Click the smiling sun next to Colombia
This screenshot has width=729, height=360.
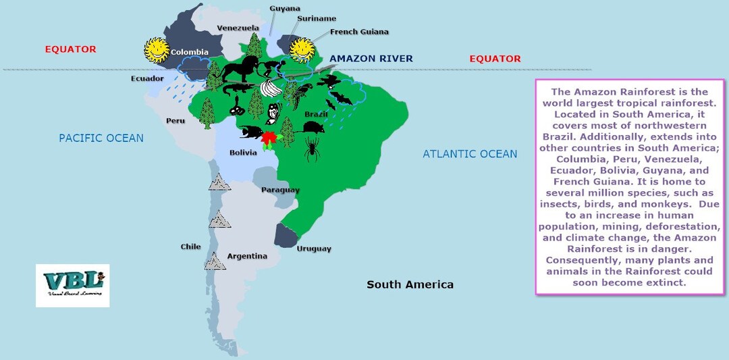pos(156,49)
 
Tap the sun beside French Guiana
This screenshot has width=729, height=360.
pos(302,49)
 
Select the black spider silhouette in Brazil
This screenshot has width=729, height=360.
pos(313,149)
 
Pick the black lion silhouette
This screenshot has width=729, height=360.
pos(238,70)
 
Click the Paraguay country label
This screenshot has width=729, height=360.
pos(280,190)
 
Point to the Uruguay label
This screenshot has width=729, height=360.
pos(314,249)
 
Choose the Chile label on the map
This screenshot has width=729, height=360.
pos(190,247)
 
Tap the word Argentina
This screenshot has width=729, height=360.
pos(247,256)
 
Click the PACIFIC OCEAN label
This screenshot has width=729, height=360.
pos(101,138)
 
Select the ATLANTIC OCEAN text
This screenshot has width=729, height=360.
pos(470,154)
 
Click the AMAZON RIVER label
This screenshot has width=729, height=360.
pos(371,59)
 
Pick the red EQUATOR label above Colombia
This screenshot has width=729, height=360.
pos(70,49)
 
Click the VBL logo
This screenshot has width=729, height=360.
pos(72,285)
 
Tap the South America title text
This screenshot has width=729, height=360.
pos(410,284)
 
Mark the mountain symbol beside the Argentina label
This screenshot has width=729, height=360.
pos(215,261)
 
